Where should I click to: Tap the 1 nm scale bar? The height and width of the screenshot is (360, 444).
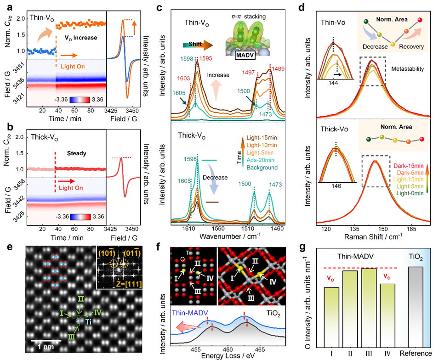(x=46, y=340)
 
